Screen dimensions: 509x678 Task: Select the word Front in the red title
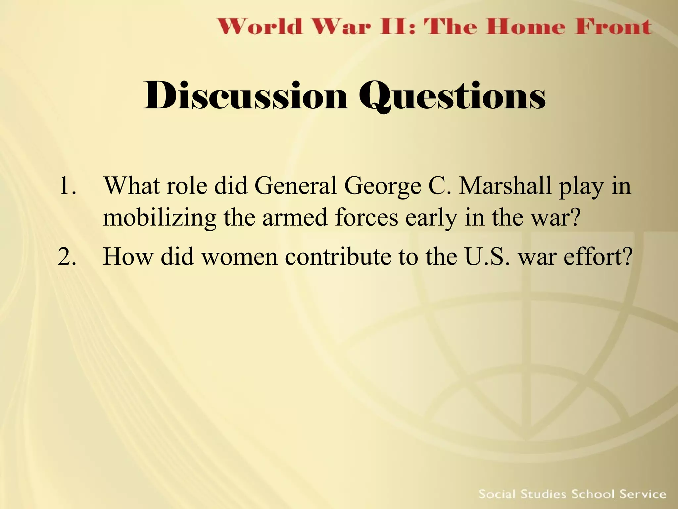pos(613,27)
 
